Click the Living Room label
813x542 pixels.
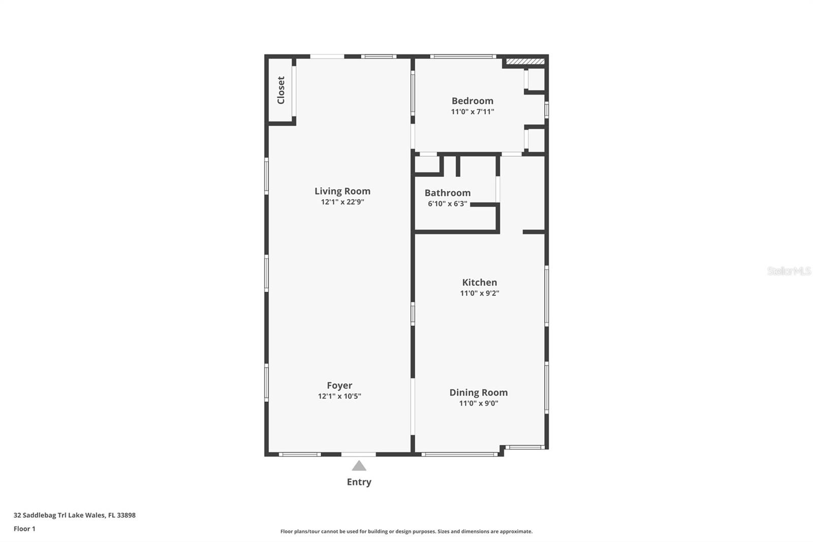click(342, 191)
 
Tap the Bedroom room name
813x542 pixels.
click(472, 101)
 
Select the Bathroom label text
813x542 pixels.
click(447, 193)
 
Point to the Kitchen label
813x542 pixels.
click(479, 282)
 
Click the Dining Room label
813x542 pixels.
click(478, 393)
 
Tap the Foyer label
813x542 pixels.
click(339, 385)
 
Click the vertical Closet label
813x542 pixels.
click(281, 90)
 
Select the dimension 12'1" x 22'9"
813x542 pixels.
click(342, 202)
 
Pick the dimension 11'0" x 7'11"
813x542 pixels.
click(472, 112)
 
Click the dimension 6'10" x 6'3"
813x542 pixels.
click(447, 204)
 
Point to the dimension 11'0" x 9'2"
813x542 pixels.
click(479, 293)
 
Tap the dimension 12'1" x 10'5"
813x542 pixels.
click(339, 397)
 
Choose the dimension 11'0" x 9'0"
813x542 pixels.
click(478, 404)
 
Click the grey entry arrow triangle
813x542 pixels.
click(359, 466)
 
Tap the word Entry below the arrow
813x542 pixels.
click(359, 482)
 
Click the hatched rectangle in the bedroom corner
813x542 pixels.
click(525, 62)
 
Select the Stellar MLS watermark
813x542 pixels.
click(789, 271)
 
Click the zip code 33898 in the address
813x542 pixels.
click(126, 515)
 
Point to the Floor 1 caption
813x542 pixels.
click(24, 529)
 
